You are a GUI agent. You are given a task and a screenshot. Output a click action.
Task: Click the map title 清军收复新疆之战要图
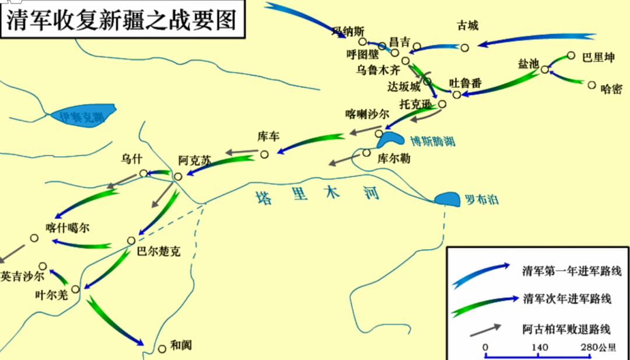point(122,19)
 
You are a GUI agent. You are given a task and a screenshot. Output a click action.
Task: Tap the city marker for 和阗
point(162,349)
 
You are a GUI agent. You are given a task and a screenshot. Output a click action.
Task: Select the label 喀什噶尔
point(68,228)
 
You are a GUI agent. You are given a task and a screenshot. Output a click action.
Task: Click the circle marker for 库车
point(264,155)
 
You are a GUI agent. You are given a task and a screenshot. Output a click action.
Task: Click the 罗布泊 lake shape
point(448,199)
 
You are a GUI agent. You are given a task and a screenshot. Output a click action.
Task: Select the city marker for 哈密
point(591,85)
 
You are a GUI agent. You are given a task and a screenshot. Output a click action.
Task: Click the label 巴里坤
point(598,58)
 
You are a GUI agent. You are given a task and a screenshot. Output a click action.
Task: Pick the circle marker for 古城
point(465,48)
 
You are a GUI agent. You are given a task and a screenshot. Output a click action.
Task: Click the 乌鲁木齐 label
point(379,69)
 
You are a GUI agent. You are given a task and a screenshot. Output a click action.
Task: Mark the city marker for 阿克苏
point(178,176)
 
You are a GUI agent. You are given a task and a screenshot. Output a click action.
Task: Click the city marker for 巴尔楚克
point(131,240)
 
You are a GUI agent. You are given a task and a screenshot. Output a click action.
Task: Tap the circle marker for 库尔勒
point(366,153)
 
